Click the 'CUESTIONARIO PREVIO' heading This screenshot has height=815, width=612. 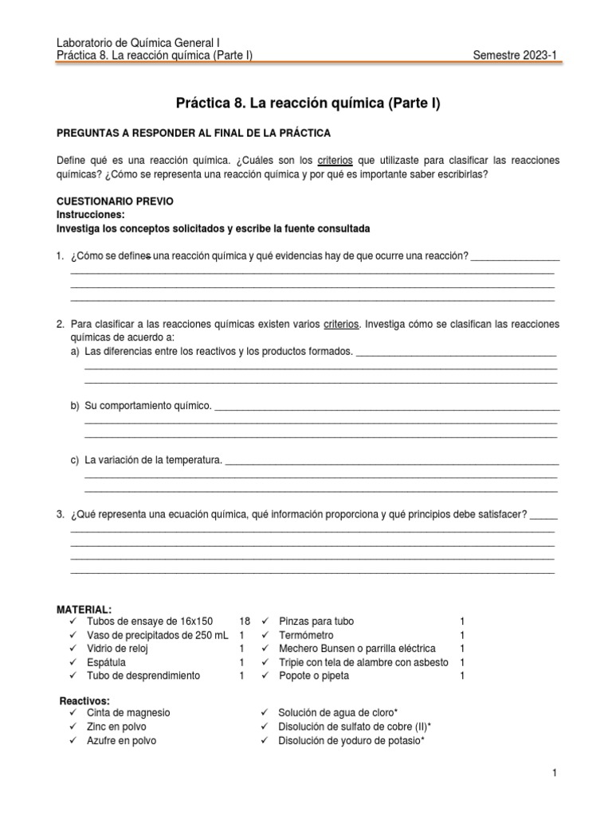pos(114,201)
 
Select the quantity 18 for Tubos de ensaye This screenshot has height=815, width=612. pos(244,621)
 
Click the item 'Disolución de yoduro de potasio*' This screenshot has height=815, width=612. pos(351,740)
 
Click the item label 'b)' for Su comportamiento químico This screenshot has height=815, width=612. pos(76,406)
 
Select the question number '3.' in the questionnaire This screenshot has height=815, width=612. pos(61,514)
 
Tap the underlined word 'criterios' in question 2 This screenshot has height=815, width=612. pos(342,325)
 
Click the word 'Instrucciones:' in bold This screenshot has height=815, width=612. pos(90,215)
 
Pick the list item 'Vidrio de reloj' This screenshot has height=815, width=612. pos(118,649)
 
